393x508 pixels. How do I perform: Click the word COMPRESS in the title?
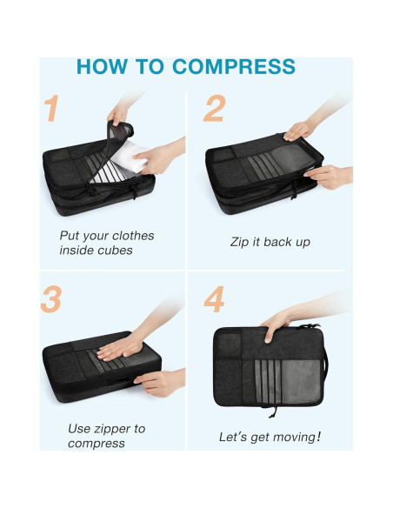coord(234,67)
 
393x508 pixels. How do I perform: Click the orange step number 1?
coord(52,108)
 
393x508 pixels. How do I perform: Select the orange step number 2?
coord(214,108)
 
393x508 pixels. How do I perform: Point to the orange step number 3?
coord(51,299)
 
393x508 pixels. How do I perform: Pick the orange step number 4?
coord(214,299)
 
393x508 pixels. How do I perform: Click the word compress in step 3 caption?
coord(97,444)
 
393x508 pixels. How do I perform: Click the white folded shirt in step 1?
coord(129,157)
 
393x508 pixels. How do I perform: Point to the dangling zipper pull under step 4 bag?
coord(273,411)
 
